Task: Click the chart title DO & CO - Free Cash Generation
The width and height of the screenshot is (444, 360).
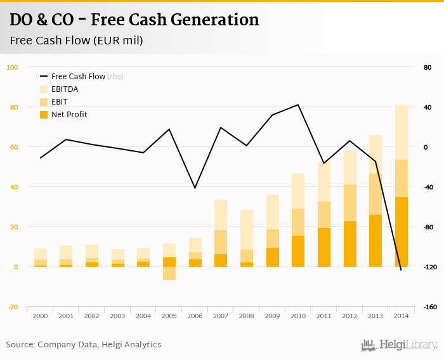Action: coord(134,20)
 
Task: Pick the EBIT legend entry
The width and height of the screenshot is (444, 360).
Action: coord(60,102)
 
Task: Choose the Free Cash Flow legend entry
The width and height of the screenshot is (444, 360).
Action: coord(78,77)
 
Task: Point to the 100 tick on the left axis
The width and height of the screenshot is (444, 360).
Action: coord(13,67)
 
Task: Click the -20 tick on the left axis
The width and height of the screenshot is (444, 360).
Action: coord(13,307)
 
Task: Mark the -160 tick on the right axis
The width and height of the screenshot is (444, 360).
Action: coord(430,307)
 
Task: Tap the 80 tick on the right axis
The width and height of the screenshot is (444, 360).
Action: coord(427,67)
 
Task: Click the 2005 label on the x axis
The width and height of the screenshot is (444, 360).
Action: coord(169,316)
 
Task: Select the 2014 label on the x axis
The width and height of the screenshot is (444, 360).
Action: coord(401,316)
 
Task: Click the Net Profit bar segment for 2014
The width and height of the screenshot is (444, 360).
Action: coord(401,232)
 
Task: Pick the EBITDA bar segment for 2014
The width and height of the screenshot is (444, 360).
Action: coord(401,132)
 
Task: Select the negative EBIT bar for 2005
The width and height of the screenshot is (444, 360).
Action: coord(169,273)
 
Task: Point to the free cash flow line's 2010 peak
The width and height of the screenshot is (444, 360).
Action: coord(298,105)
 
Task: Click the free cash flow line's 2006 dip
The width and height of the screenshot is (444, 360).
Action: coord(195,188)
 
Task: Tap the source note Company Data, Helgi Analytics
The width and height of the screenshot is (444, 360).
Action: coord(84,345)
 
